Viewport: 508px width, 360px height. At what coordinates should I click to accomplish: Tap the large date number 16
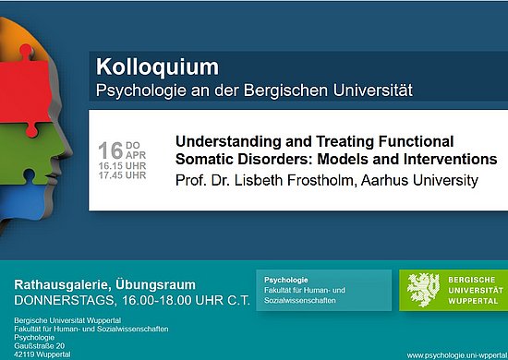tap(110, 150)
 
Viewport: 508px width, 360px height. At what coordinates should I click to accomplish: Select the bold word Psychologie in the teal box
tap(286, 279)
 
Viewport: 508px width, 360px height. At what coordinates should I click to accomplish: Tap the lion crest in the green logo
tap(422, 289)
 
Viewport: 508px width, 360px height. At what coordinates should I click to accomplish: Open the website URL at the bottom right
tap(456, 354)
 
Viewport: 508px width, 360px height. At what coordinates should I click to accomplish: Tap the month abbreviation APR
tap(135, 156)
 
